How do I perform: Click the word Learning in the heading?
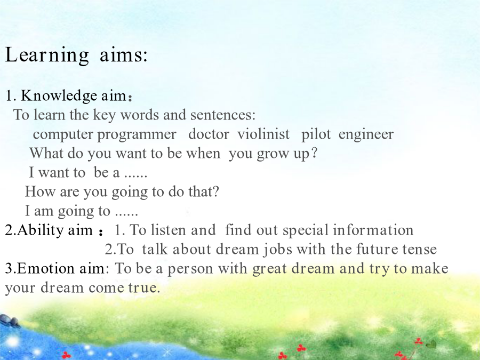point(47,55)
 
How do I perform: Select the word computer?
point(63,135)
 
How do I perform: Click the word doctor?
point(209,134)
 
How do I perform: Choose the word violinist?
point(263,134)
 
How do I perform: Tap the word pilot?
point(316,135)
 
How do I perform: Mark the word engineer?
point(366,135)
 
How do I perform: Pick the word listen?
point(168,230)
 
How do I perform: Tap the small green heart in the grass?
point(431,345)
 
